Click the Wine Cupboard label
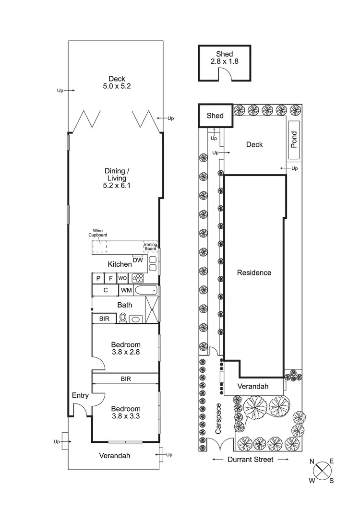pos(98,233)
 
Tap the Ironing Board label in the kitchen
pos(150,247)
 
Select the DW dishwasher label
pos(138,260)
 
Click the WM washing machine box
pos(126,290)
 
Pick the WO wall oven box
pos(122,278)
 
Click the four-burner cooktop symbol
pos(138,278)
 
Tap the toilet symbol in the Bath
pos(123,318)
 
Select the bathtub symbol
pos(146,290)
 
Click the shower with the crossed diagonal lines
pos(152,309)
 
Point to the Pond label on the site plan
pos(294,140)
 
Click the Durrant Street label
pos(251,459)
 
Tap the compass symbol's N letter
pos(312,462)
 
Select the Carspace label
pos(218,418)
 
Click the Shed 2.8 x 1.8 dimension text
pos(225,61)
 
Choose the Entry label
pos(80,395)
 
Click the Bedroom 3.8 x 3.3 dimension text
pos(126,416)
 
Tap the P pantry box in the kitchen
pos(98,278)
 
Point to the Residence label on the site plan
pos(254,272)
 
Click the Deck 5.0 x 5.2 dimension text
pos(117,86)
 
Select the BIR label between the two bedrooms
pos(126,379)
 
